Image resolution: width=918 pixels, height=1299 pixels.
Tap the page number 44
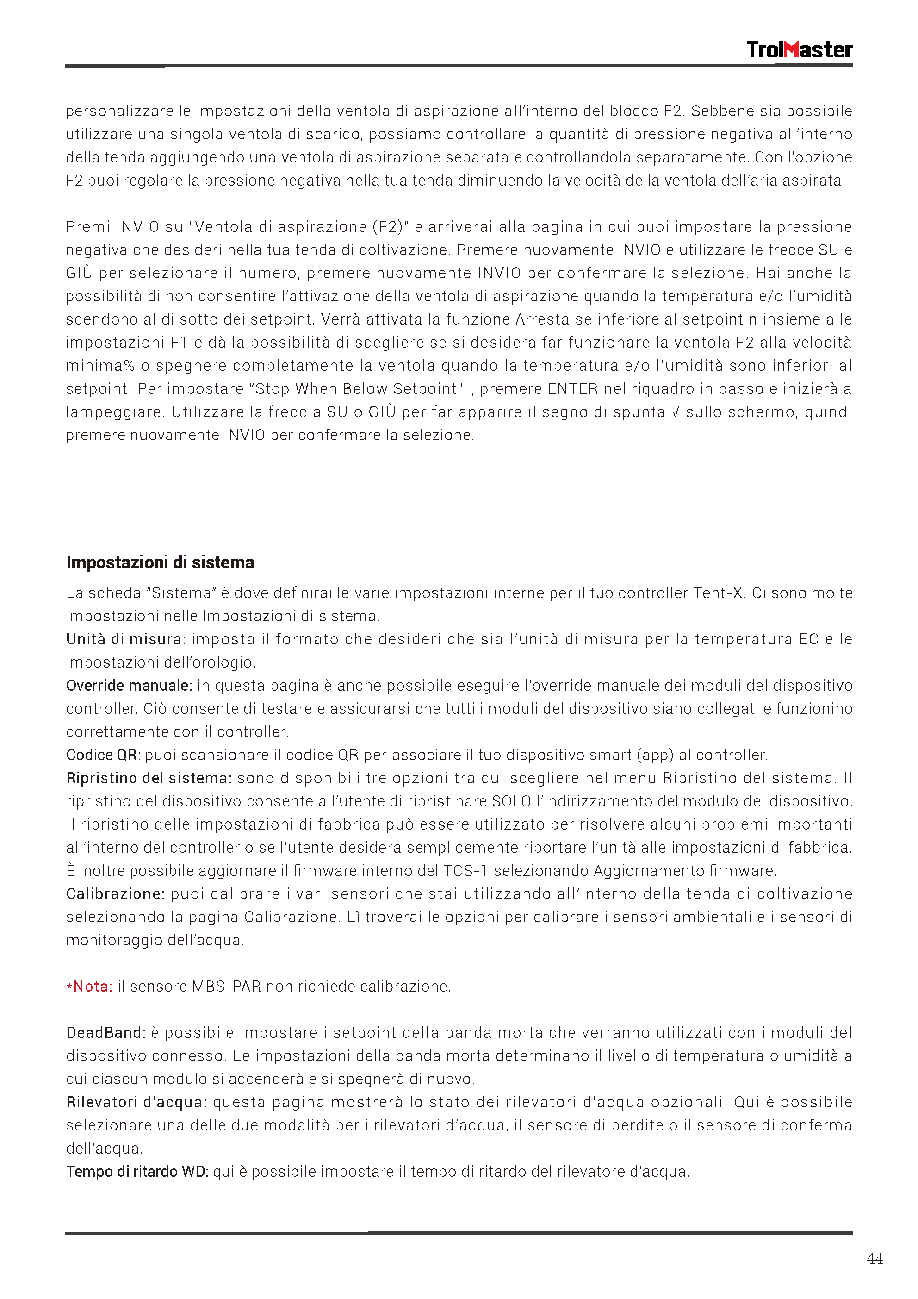point(874,1258)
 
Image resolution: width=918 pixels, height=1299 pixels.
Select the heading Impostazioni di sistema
point(160,562)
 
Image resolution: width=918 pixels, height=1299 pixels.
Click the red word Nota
point(92,986)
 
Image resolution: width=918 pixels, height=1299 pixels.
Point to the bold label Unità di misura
point(125,639)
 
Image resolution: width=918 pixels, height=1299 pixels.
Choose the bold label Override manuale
point(128,686)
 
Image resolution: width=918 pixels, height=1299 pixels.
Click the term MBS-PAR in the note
point(226,987)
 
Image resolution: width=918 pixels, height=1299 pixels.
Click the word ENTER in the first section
point(572,389)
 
